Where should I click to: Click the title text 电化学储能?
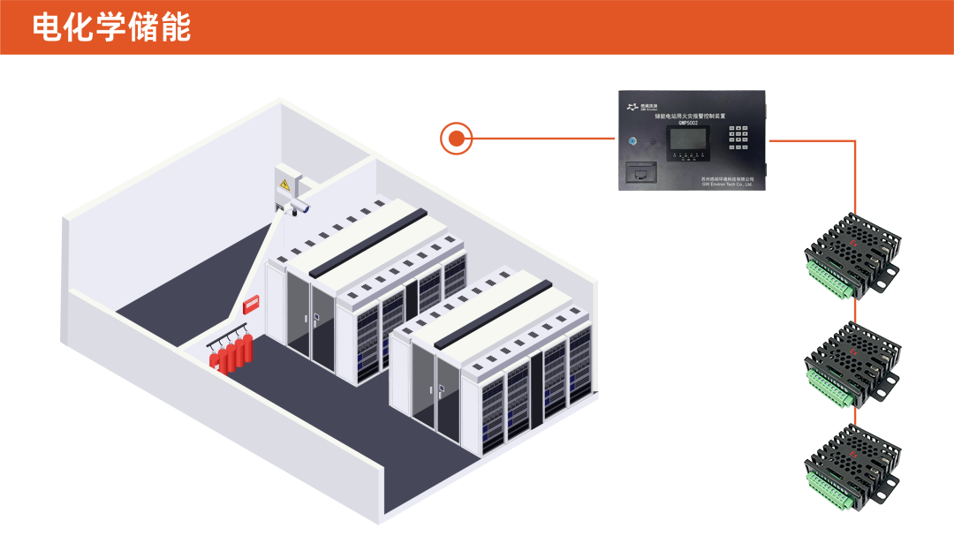111,27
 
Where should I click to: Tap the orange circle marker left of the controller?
456,138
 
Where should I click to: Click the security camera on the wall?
299,207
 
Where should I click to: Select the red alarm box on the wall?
252,304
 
